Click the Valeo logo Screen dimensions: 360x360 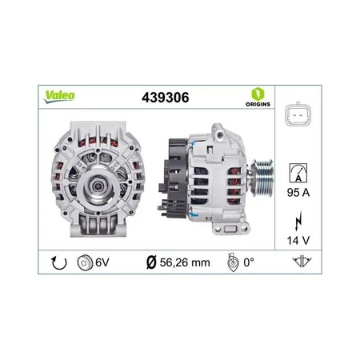[59, 97]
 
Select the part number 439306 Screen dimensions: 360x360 [166, 98]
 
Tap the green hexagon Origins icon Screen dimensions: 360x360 [258, 94]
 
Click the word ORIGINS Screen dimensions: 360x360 [258, 104]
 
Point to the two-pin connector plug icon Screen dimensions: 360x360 [298, 114]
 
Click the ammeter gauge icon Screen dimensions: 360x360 [298, 173]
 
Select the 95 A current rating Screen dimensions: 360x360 [298, 192]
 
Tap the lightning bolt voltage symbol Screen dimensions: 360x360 [298, 221]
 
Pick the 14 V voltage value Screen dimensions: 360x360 [298, 241]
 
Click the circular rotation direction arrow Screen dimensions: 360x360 [58, 262]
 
